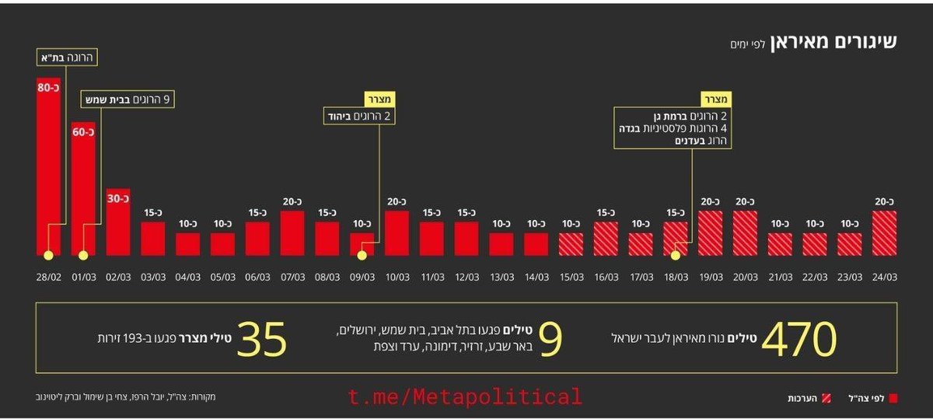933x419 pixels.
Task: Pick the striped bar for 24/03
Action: click(x=884, y=233)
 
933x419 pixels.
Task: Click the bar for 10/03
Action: click(x=397, y=233)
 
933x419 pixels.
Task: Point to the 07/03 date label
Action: click(x=292, y=277)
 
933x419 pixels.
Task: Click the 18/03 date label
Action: click(x=676, y=277)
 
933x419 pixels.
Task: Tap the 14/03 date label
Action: click(x=536, y=277)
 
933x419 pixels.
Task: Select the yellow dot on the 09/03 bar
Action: click(x=362, y=255)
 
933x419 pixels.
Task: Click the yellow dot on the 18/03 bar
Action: click(x=676, y=255)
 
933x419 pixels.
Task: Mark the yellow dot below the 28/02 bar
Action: click(x=48, y=255)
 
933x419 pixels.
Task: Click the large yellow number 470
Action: click(x=798, y=339)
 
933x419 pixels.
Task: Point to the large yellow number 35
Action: click(x=262, y=339)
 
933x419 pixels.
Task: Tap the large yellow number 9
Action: click(x=550, y=339)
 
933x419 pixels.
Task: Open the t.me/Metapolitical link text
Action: click(x=465, y=397)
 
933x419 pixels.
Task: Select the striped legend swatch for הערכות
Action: click(x=837, y=398)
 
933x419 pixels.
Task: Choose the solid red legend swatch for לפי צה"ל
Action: click(x=893, y=398)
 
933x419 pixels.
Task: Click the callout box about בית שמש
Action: click(x=128, y=100)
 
